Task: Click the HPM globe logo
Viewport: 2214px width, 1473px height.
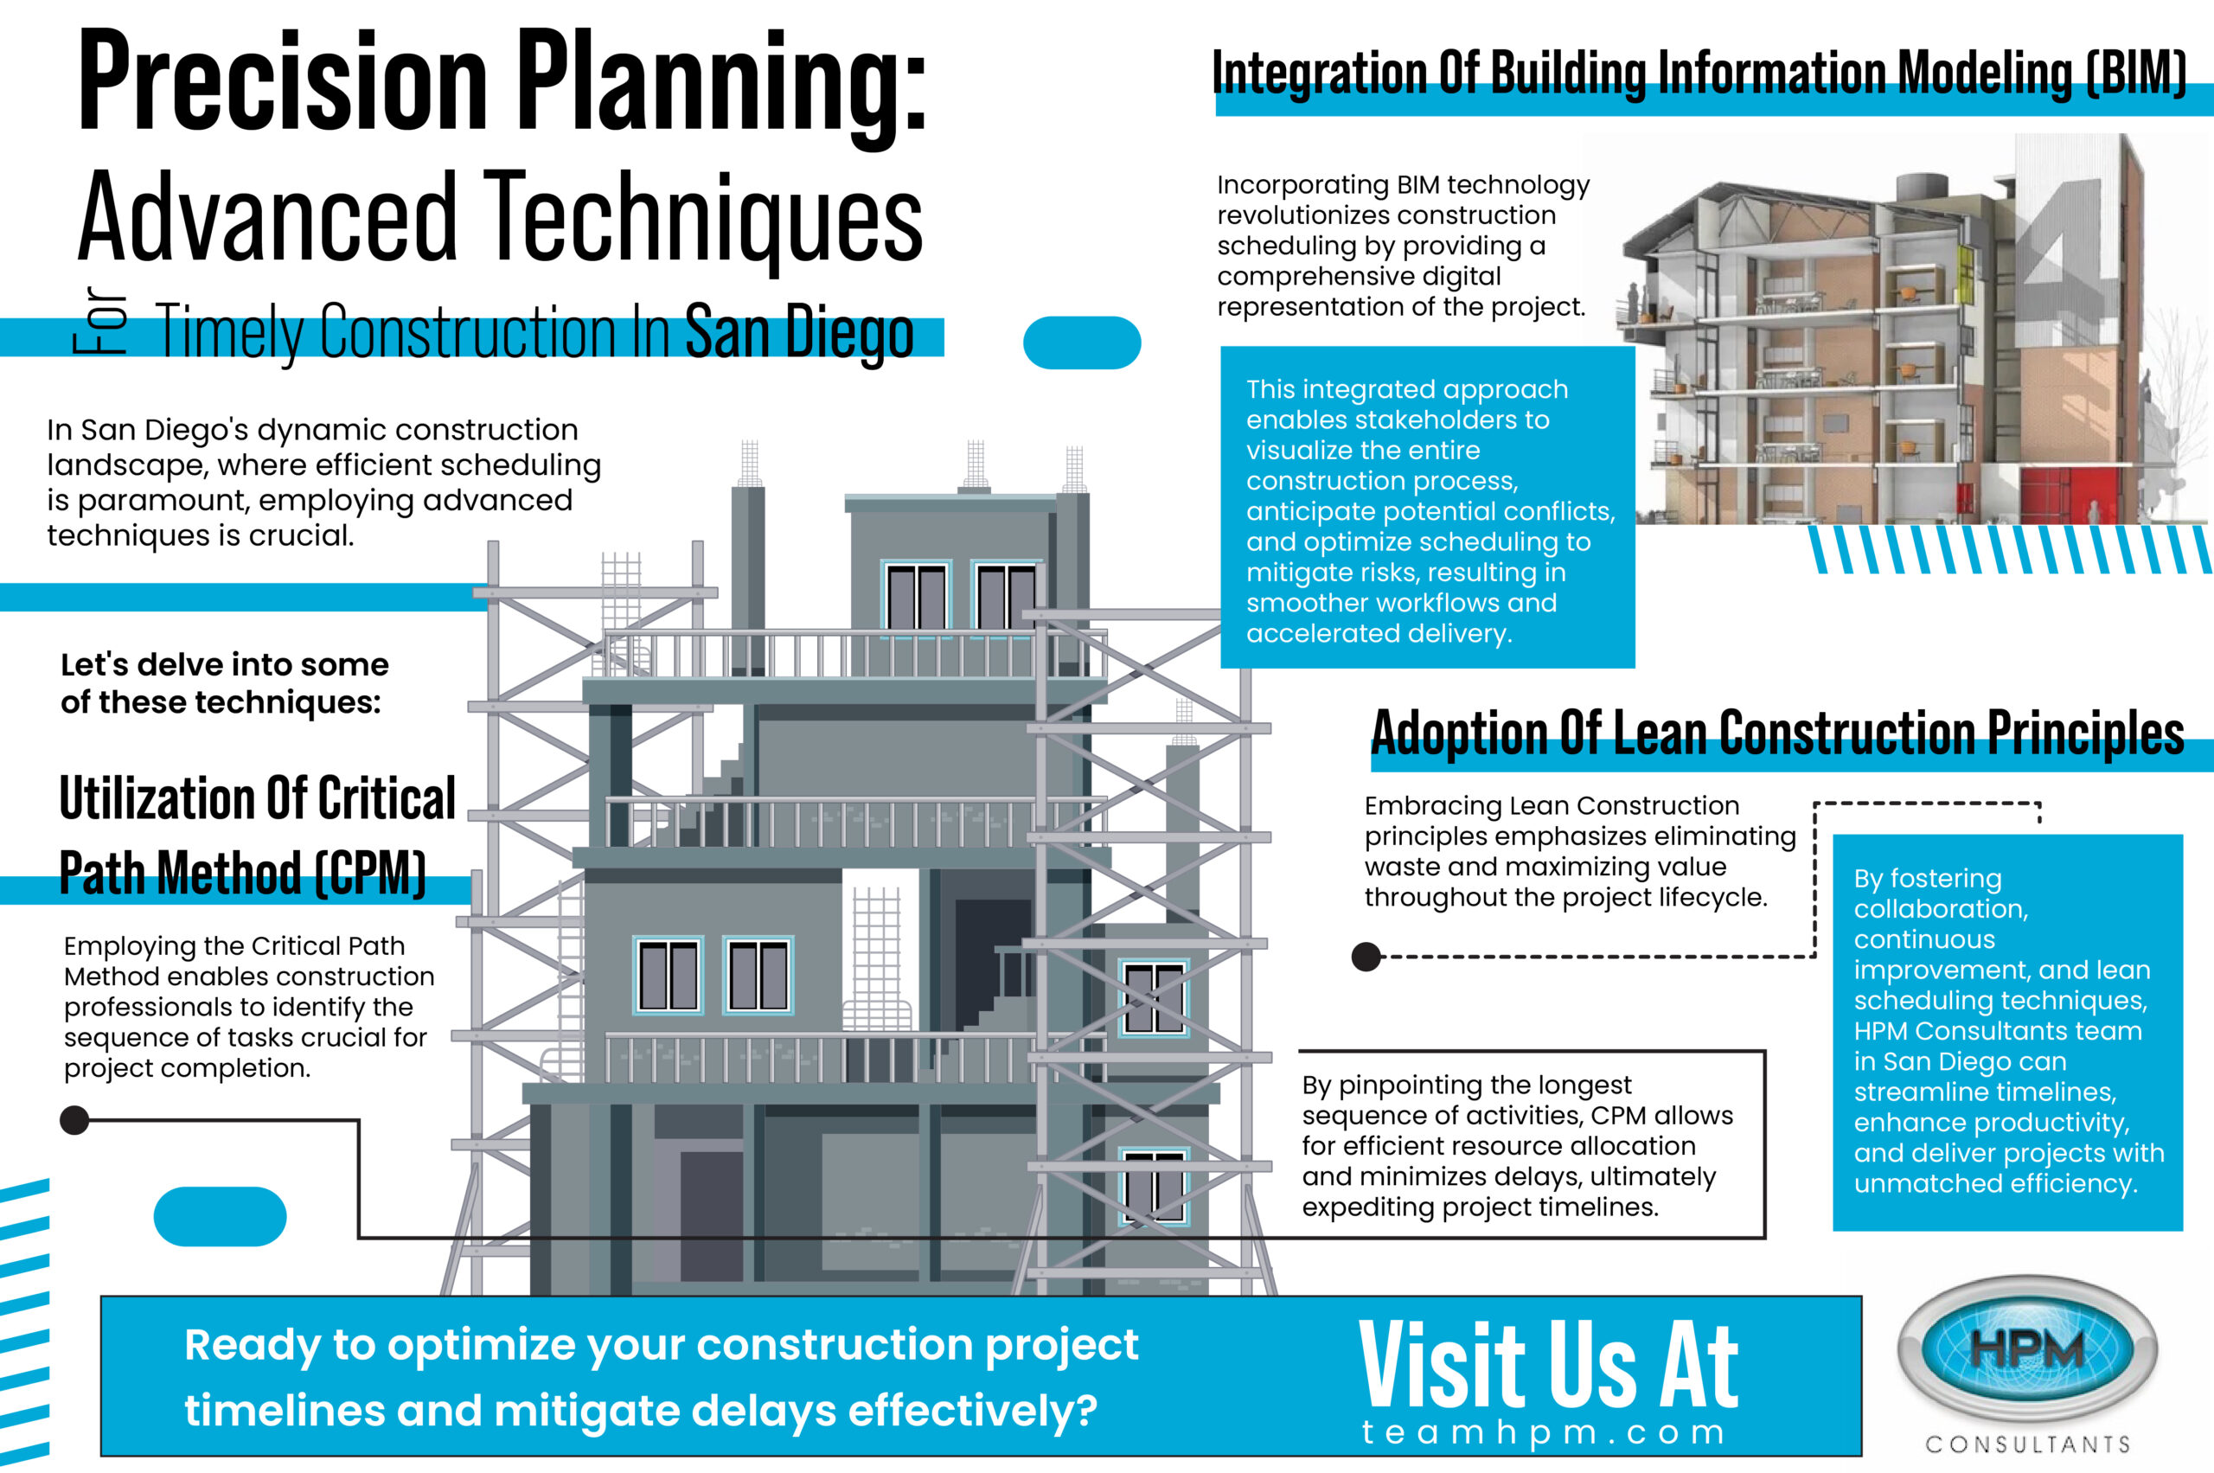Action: coord(2027,1351)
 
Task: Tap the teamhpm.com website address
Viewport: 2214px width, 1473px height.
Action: coord(1545,1432)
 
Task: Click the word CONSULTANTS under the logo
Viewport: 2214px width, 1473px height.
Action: coord(2028,1444)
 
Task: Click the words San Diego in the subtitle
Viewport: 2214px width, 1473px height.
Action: coord(799,331)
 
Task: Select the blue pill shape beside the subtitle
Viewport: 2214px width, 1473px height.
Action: coord(1081,343)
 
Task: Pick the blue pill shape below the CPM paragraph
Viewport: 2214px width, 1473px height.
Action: coord(220,1216)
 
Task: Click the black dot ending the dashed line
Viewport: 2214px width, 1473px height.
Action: coord(1366,957)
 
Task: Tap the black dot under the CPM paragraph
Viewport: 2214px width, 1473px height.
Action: coord(74,1120)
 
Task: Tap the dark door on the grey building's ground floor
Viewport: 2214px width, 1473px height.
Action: coord(711,1215)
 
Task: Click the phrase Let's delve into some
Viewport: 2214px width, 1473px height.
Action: coord(225,665)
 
